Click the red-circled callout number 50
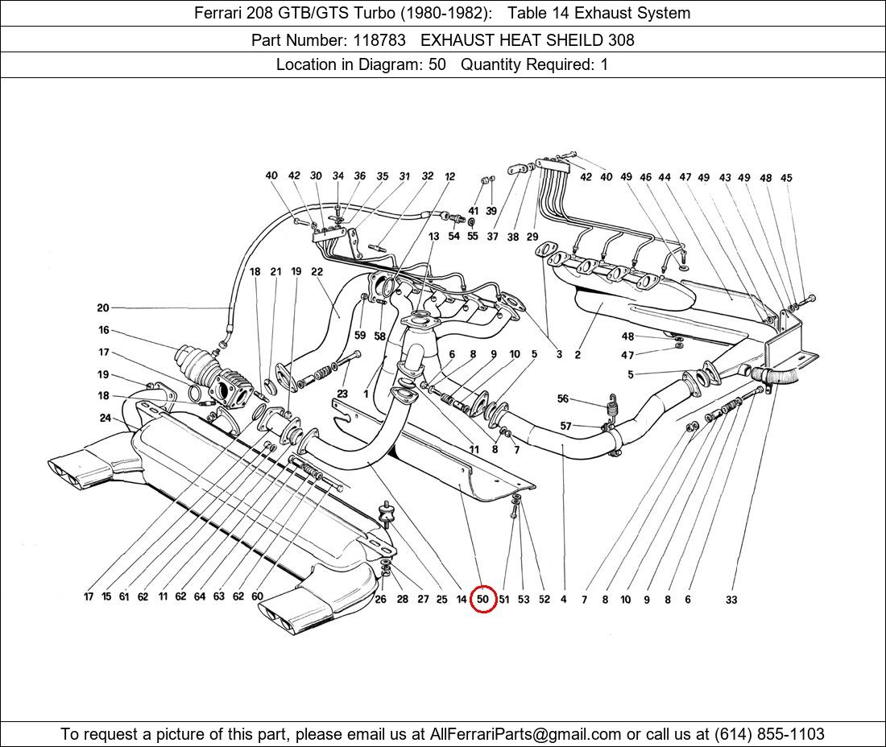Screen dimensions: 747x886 [x=482, y=599]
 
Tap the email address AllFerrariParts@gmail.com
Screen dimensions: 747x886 [x=526, y=734]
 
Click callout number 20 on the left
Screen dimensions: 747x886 [x=102, y=307]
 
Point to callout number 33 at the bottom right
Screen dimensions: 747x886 [x=731, y=600]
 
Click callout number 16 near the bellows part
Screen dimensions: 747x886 [x=104, y=330]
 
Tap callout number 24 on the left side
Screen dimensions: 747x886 [x=106, y=418]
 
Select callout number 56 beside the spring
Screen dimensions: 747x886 [x=563, y=398]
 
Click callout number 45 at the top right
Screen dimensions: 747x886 [x=786, y=178]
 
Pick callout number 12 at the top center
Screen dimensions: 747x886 [x=449, y=176]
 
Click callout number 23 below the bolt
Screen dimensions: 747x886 [x=342, y=394]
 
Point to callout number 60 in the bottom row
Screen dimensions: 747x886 [x=257, y=597]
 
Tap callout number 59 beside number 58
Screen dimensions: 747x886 [x=359, y=335]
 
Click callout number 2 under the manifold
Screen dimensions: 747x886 [x=578, y=354]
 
